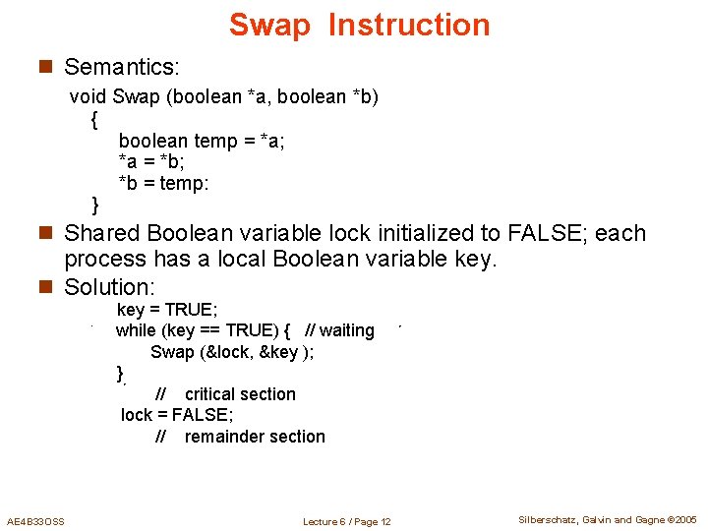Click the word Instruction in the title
click(409, 25)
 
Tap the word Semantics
click(121, 67)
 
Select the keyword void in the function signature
click(88, 96)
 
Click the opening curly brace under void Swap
click(93, 120)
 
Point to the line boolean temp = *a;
click(202, 141)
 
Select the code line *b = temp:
click(164, 184)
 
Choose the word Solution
click(109, 287)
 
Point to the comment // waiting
click(340, 330)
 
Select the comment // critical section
click(225, 394)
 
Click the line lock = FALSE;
click(177, 415)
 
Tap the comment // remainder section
click(240, 437)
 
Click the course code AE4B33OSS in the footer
click(35, 521)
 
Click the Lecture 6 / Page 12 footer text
click(347, 521)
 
